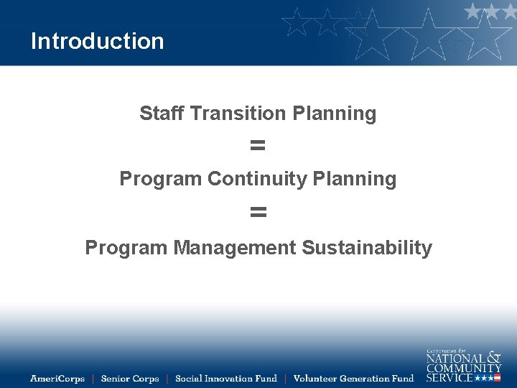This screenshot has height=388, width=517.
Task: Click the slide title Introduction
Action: [x=97, y=41]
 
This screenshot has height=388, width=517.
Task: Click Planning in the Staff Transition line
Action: [x=334, y=114]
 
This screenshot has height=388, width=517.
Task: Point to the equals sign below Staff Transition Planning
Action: [x=258, y=146]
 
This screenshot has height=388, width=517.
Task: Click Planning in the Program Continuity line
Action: [x=355, y=179]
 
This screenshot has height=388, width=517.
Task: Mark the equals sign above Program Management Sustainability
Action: [x=258, y=212]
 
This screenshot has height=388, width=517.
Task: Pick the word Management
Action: [x=235, y=248]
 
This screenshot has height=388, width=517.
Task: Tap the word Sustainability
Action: [x=367, y=248]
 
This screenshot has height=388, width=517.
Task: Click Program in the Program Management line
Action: [x=126, y=248]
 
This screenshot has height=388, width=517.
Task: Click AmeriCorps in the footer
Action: [x=57, y=379]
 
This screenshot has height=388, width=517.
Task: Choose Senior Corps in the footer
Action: [x=130, y=379]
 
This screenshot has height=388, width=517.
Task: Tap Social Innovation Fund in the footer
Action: [x=226, y=379]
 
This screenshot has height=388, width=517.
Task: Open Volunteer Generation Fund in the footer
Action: [x=354, y=379]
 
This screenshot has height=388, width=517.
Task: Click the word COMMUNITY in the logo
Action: [x=464, y=368]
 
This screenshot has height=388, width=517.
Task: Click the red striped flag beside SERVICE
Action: [x=497, y=378]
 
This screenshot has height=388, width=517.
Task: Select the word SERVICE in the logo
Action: [x=450, y=378]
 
